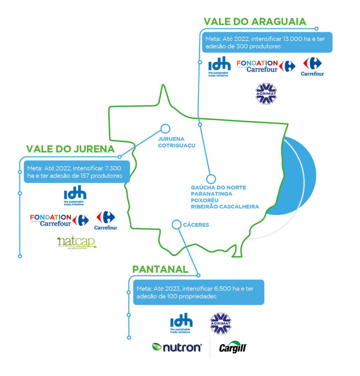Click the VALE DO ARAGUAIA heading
coord(255,21)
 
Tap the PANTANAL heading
coord(160,269)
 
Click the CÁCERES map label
coord(196,225)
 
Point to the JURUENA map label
coord(171,139)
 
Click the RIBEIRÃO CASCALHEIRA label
coord(225,207)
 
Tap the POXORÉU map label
coord(205,200)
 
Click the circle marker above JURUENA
coord(165,129)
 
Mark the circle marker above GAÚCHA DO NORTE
coord(211,179)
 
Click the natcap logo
coord(77,243)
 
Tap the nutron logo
coord(177,347)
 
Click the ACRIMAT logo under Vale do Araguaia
coord(266,93)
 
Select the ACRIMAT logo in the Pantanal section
coord(221,323)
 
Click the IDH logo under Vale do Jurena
coord(75,196)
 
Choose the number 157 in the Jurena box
coord(87,176)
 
